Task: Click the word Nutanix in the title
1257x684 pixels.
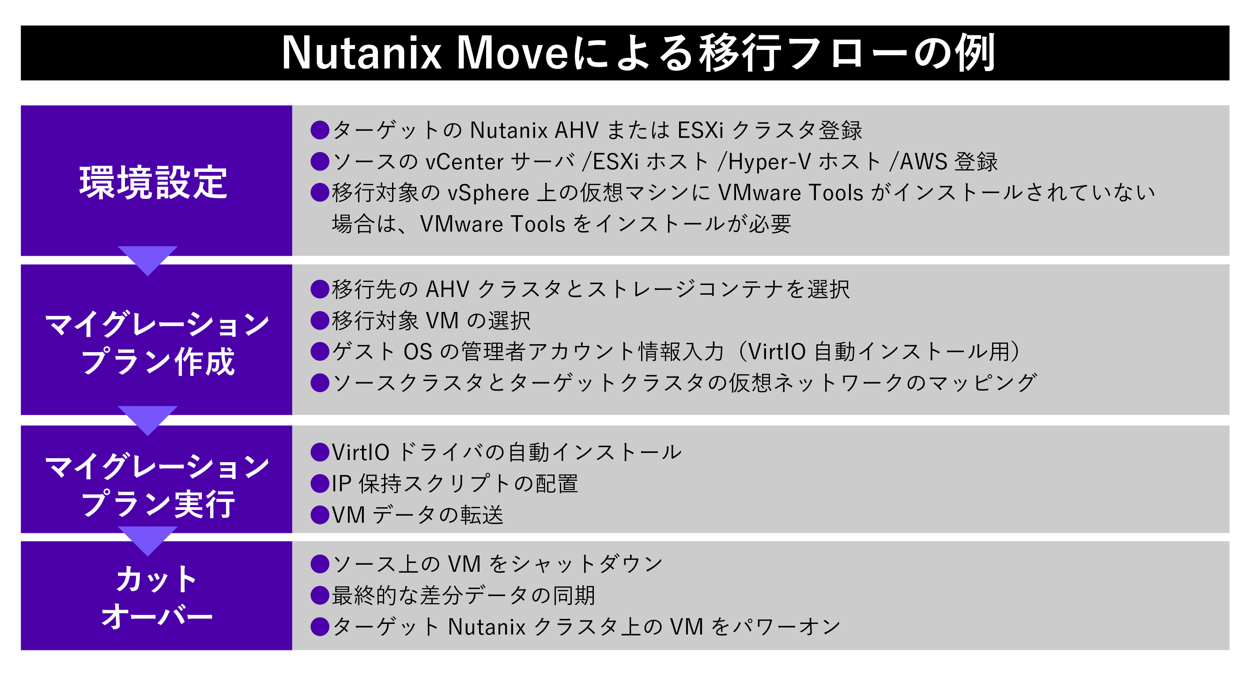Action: click(362, 53)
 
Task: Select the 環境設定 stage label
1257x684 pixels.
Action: click(154, 182)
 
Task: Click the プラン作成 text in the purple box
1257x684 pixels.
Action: click(158, 362)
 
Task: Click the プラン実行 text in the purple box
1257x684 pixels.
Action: click(158, 503)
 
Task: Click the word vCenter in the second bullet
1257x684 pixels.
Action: click(464, 162)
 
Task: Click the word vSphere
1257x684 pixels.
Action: click(488, 193)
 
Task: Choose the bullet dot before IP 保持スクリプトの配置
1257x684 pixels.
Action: click(320, 483)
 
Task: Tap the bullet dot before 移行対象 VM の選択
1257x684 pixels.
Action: click(320, 320)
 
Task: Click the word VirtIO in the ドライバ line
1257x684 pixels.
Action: click(361, 452)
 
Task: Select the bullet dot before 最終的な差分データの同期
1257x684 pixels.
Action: click(320, 595)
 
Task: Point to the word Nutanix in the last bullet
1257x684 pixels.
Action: click(487, 627)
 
